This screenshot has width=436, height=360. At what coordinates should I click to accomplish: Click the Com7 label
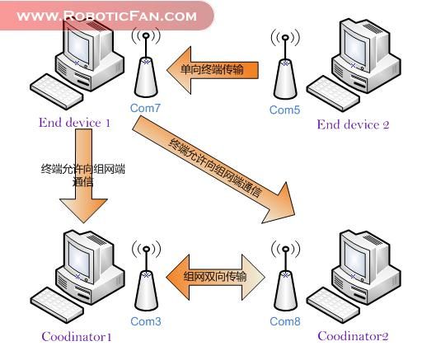[x=145, y=108]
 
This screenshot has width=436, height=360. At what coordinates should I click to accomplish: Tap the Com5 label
[x=284, y=110]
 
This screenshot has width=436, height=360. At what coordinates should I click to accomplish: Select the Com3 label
[x=146, y=321]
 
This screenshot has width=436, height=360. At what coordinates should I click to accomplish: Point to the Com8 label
[x=285, y=321]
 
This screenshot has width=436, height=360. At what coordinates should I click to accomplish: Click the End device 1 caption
[x=74, y=123]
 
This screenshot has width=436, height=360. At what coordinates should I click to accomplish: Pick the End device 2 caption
[x=353, y=124]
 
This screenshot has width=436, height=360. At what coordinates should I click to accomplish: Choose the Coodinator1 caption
[x=77, y=336]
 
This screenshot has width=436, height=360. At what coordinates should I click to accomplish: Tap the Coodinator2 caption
[x=353, y=336]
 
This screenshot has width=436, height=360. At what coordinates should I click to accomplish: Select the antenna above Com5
[x=285, y=64]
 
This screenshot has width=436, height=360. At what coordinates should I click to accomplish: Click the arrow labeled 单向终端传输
[x=213, y=70]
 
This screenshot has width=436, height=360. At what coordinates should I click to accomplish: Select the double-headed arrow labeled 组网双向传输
[x=215, y=277]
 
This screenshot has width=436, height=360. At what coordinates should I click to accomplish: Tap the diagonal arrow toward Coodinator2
[x=213, y=170]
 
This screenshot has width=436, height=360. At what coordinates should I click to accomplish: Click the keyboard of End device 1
[x=56, y=91]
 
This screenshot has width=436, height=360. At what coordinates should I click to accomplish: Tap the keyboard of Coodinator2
[x=333, y=305]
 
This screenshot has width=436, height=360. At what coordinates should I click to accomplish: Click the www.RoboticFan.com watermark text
[x=107, y=16]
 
